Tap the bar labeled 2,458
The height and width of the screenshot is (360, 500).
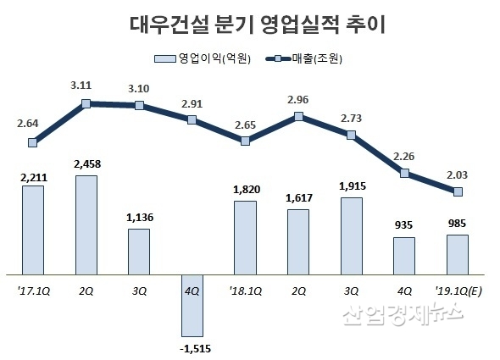86,224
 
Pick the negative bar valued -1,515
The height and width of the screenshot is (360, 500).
192,304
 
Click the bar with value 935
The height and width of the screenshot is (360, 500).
404,256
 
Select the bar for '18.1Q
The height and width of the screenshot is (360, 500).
245,237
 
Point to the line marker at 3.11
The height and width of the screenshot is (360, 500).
86,104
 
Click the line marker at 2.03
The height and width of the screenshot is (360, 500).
458,192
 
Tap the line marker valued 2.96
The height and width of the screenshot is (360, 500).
298,117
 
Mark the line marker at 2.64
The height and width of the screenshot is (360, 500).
32,143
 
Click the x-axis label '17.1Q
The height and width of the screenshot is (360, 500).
32,289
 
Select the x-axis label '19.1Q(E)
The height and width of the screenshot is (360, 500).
458,289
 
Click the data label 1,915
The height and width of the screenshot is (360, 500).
351,186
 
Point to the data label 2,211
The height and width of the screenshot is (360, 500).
32,175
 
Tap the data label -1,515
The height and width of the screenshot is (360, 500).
192,346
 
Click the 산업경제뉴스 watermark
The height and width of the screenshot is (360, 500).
403,317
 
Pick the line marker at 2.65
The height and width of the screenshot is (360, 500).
245,141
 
